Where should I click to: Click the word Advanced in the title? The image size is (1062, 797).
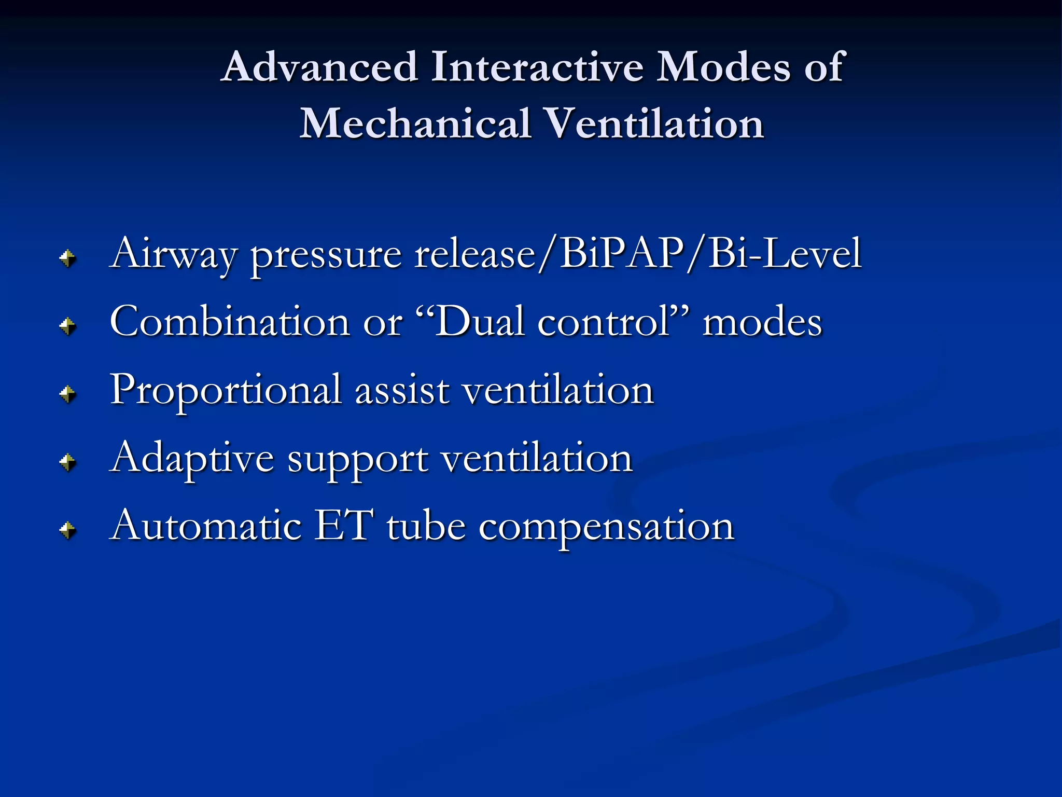point(319,67)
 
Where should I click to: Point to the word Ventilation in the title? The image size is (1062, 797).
point(654,124)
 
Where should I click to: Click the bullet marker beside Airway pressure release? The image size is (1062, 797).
point(67,258)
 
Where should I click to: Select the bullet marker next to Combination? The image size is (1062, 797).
point(67,326)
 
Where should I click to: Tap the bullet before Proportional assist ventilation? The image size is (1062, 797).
point(67,394)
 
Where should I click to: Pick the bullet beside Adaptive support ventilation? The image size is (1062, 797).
point(67,462)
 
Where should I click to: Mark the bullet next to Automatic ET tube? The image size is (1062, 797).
point(67,530)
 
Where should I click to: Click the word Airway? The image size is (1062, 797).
point(174,254)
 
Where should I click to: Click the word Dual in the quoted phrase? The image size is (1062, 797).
point(479,322)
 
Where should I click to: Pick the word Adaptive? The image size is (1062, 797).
point(192,459)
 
